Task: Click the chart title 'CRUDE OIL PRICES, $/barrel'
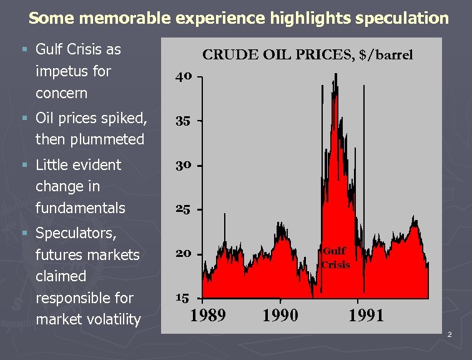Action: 307,55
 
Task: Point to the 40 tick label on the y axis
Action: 183,77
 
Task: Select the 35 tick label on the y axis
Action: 183,121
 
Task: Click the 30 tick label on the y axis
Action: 183,166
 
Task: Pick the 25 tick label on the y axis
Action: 183,209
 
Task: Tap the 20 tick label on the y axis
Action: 183,254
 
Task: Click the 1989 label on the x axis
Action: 207,314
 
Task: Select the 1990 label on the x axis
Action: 280,314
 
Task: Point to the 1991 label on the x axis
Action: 366,314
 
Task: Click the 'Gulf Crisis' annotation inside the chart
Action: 335,257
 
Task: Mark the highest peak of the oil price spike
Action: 336,74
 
